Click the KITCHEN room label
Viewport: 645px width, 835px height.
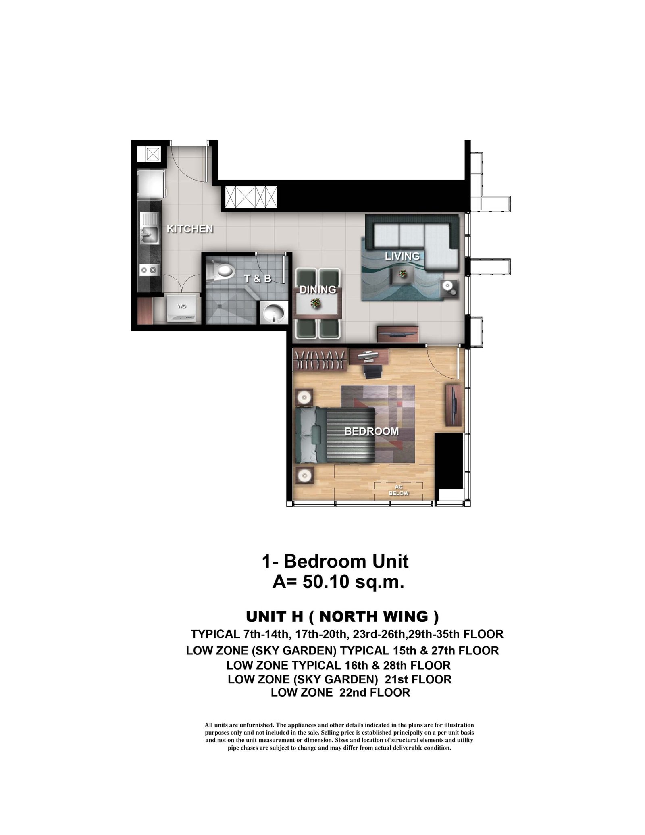click(190, 229)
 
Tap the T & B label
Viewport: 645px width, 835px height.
click(258, 278)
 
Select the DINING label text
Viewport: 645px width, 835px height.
click(318, 289)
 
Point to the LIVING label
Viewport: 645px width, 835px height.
click(402, 256)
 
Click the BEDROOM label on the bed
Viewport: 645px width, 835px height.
click(371, 431)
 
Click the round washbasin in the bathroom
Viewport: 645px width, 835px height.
click(274, 312)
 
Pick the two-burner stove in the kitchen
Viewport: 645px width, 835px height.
click(148, 269)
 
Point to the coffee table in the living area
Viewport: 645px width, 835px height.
click(402, 274)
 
